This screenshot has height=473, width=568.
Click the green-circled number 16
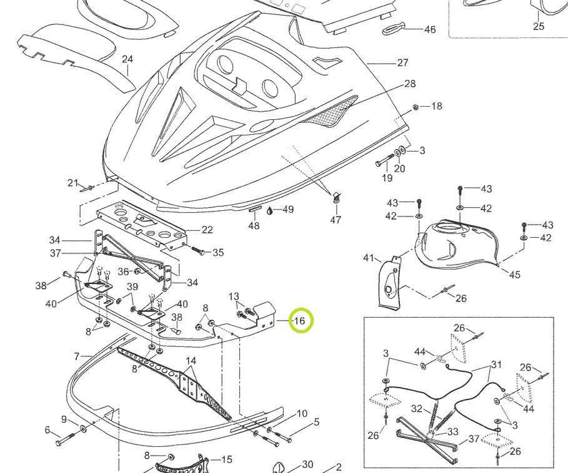pos(299,321)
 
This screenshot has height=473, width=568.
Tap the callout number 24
pos(127,60)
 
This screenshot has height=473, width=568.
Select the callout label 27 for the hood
pos(402,62)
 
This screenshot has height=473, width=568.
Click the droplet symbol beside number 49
pos(270,210)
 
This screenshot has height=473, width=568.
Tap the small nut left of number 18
pos(416,107)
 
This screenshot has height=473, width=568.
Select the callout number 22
pos(207,230)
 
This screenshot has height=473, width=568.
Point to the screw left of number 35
pos(199,251)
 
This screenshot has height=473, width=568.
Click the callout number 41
pos(369,258)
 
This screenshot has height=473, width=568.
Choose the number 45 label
pos(514,275)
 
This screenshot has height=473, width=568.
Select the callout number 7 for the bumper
pos(77,356)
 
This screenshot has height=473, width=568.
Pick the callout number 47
pos(336,220)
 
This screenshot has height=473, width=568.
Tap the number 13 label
pos(234,296)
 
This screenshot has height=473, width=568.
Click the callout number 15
pos(226,460)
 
